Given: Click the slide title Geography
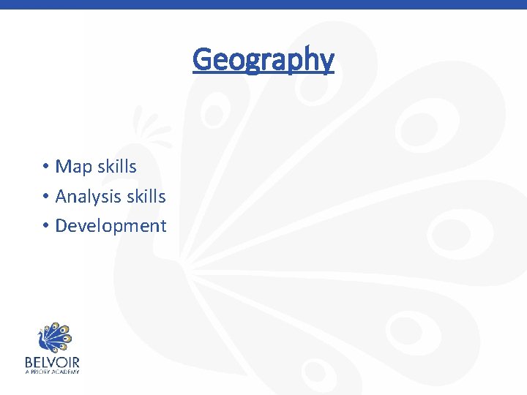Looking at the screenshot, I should pos(263,60).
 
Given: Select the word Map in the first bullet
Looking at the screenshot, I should pos(74,167).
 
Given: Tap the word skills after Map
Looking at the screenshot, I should pos(117,167).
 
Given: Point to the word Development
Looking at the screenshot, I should pos(111,226).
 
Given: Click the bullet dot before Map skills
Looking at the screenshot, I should pos(45,168).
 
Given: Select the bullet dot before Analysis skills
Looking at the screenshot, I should pos(45,197).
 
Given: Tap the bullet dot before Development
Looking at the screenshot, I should pos(45,226).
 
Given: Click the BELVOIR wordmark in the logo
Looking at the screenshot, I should pos(52,362).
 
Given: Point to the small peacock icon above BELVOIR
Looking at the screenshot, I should pos(52,337).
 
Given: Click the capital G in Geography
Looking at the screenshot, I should pos(201,59).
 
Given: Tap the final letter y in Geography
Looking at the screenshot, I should pos(327,61).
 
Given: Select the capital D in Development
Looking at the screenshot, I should pos(61,226).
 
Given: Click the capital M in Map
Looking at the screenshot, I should pos(63,167).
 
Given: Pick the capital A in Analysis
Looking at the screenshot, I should pos(61,197).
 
